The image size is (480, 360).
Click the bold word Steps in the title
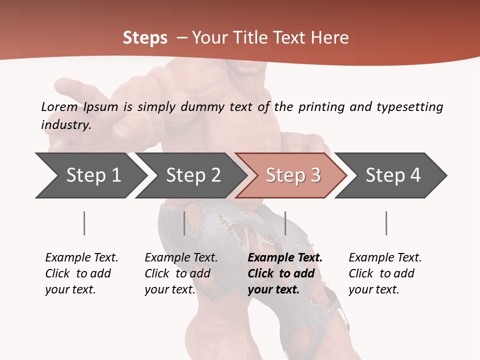(x=145, y=38)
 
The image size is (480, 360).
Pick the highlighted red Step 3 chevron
(x=293, y=175)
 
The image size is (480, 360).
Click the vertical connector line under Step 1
(x=84, y=223)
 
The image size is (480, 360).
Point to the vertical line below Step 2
(x=184, y=223)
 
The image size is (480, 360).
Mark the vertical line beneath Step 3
(x=285, y=223)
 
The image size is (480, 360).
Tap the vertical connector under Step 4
(x=386, y=223)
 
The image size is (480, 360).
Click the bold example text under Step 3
(x=285, y=273)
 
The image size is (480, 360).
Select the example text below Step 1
(x=81, y=273)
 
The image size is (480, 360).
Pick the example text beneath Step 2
(x=181, y=273)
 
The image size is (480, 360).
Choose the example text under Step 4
(x=385, y=273)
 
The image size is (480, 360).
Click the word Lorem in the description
(x=59, y=107)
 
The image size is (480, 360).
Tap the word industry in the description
(x=66, y=125)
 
